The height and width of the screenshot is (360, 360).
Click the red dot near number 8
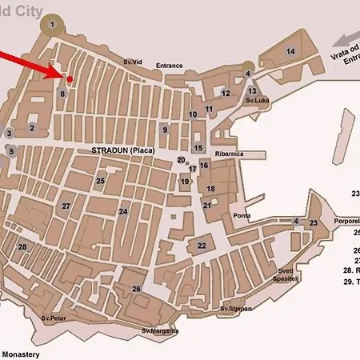70,78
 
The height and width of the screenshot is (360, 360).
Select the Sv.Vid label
132,62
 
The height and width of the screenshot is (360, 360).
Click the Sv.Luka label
257,101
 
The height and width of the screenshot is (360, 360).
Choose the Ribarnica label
229,154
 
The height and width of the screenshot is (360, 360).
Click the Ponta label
242,216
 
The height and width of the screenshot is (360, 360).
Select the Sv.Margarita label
160,330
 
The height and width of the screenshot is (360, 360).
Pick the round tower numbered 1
53,25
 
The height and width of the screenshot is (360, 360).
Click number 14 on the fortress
290,52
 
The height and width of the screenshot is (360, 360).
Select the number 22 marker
202,246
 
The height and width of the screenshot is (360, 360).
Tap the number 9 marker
165,130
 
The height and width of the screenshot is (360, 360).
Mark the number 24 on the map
123,212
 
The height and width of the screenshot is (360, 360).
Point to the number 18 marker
211,189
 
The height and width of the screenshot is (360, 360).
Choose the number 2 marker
32,127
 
